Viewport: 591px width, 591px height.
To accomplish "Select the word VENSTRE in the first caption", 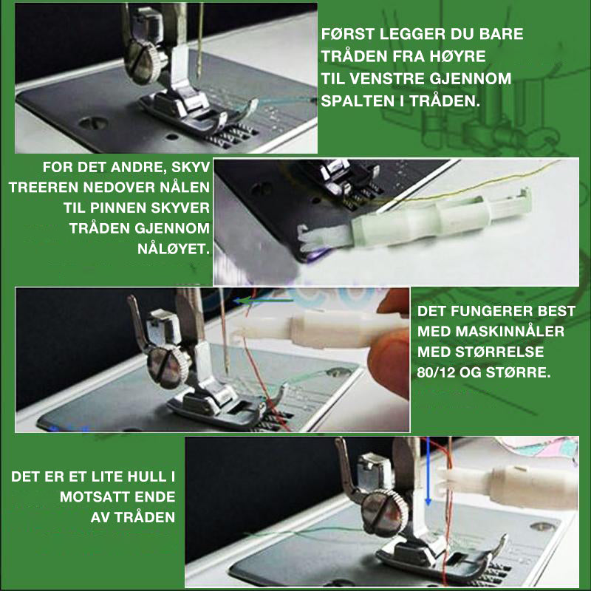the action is click(389, 79).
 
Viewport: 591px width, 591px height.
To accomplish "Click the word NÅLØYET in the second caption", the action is click(174, 249).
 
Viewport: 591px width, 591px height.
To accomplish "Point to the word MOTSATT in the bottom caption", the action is click(95, 496).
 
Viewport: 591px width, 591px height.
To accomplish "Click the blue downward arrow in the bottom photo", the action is click(428, 471).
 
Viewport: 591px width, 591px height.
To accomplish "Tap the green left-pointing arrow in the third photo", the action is click(263, 301).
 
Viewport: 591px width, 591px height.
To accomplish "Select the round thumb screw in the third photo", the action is click(168, 367).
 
